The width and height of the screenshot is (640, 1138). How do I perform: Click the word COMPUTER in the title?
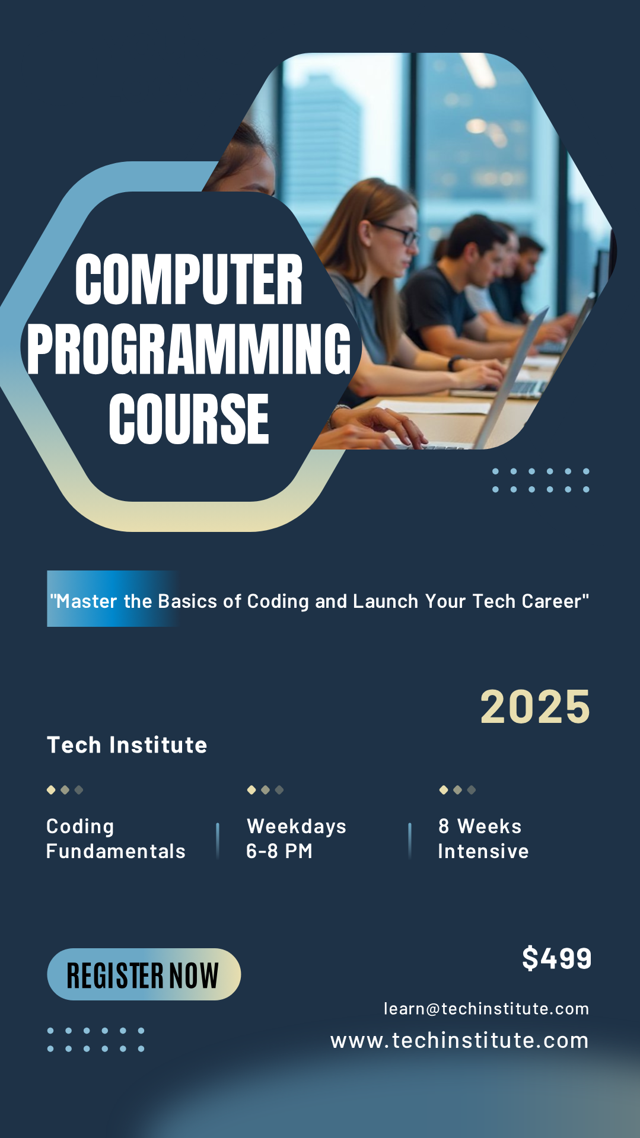[189, 279]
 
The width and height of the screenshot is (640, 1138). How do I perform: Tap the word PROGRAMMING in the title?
[189, 349]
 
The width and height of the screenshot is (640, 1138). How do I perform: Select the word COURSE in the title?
[189, 419]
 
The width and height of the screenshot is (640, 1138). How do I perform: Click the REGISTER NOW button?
[144, 974]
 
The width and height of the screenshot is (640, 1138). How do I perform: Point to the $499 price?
[556, 958]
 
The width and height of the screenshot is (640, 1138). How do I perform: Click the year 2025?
[534, 706]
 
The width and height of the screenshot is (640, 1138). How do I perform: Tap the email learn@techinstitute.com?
[486, 1009]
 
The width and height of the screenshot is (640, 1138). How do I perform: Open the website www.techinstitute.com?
[459, 1040]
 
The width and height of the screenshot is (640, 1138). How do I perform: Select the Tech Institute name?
[127, 745]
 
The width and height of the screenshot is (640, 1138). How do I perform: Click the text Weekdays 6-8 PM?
[296, 839]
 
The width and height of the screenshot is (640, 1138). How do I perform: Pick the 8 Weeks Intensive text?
[483, 839]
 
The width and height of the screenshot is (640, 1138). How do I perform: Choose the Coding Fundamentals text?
[116, 839]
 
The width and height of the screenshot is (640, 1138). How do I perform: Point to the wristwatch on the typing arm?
[455, 363]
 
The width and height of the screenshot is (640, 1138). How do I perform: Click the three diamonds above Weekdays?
[265, 790]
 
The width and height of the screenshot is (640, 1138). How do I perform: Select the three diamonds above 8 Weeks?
[457, 790]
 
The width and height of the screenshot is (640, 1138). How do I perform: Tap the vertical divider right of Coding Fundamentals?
[218, 840]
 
